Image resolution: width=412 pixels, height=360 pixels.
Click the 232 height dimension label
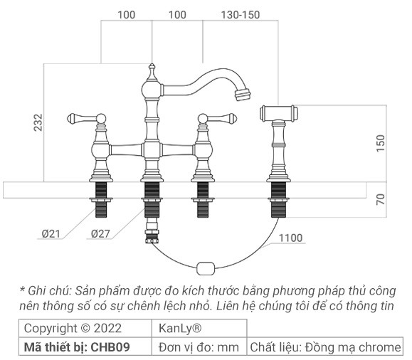[38, 122]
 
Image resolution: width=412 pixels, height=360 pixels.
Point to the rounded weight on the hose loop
[205, 269]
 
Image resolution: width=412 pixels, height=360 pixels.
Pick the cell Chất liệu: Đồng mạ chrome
[324, 347]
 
